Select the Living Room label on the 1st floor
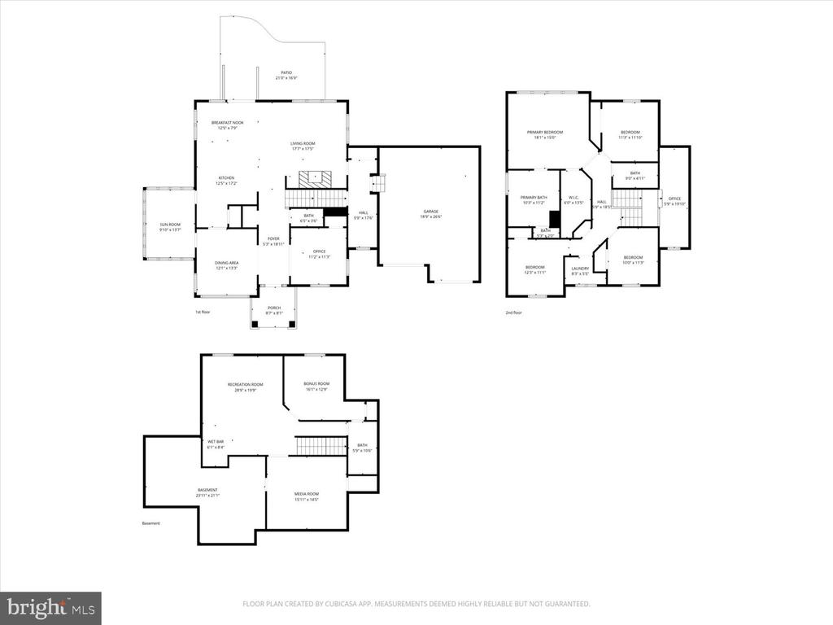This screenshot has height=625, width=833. pyautogui.click(x=302, y=146)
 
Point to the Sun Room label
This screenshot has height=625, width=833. pyautogui.click(x=169, y=226)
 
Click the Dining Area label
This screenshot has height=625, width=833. pyautogui.click(x=226, y=264)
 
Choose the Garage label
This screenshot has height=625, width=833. pyautogui.click(x=430, y=213)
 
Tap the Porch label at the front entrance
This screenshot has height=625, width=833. pyautogui.click(x=273, y=310)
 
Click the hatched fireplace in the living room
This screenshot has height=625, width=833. pyautogui.click(x=312, y=179)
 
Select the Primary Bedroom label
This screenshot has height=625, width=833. pyautogui.click(x=544, y=134)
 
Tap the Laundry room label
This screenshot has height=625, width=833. pyautogui.click(x=580, y=270)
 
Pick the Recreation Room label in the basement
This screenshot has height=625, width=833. pyautogui.click(x=245, y=387)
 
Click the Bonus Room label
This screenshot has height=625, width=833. pyautogui.click(x=316, y=386)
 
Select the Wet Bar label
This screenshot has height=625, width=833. pyautogui.click(x=216, y=444)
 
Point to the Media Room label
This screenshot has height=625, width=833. pyautogui.click(x=306, y=496)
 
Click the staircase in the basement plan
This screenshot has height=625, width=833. pyautogui.click(x=311, y=446)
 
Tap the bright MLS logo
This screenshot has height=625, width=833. pyautogui.click(x=50, y=608)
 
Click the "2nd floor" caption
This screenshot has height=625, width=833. pyautogui.click(x=513, y=312)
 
